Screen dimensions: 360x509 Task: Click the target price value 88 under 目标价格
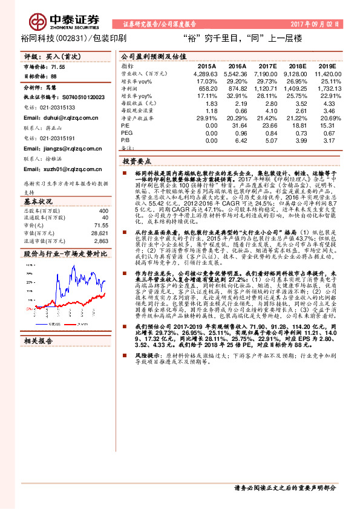click(53, 77)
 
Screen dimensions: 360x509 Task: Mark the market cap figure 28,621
click(99, 232)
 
